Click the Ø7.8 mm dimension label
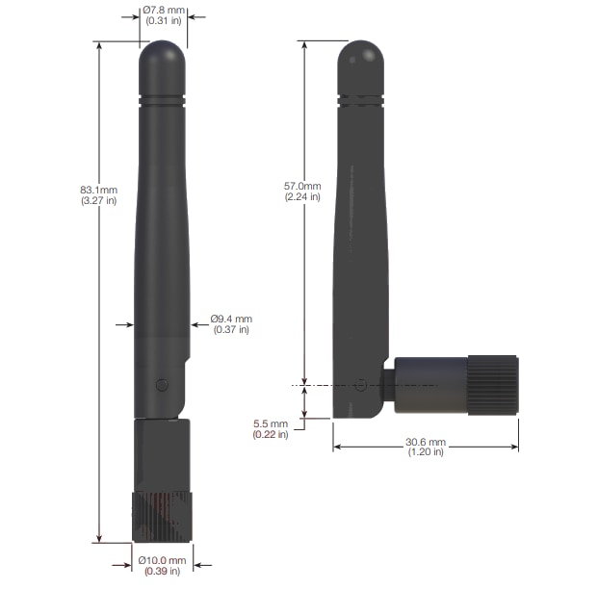coord(163,11)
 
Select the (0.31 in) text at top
coord(163,21)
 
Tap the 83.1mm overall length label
coord(98,190)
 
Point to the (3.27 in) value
coord(98,201)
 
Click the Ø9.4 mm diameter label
coord(231,319)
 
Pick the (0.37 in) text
coord(231,330)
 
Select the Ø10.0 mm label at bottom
coord(162,560)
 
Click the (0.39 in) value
coord(162,572)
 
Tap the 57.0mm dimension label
coord(303,185)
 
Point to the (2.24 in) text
coord(303,196)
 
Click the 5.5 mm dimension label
coord(272,423)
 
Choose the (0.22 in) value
coord(272,435)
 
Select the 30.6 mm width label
coord(425,442)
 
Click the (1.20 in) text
coord(425,452)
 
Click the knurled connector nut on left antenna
coord(162,517)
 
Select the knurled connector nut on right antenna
coord(493,385)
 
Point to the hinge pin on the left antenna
coord(162,385)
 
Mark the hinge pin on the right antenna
coord(360,385)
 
